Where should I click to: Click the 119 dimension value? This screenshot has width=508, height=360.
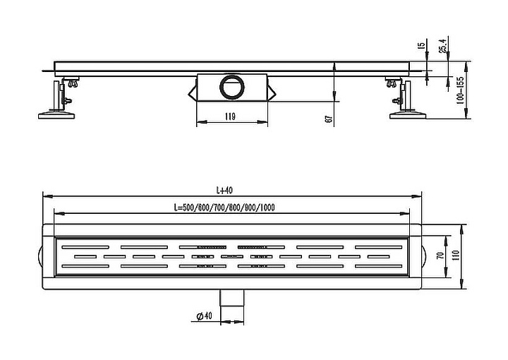pyautogui.click(x=230, y=116)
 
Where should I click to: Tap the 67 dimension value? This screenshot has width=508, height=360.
pyautogui.click(x=329, y=119)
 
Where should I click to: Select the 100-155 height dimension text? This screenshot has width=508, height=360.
pyautogui.click(x=460, y=90)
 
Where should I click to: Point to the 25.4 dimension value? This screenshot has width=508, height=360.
pyautogui.click(x=442, y=45)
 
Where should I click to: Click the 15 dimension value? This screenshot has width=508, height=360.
pyautogui.click(x=422, y=45)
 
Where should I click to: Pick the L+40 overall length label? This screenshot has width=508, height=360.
pyautogui.click(x=224, y=190)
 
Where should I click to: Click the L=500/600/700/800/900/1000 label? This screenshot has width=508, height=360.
pyautogui.click(x=224, y=208)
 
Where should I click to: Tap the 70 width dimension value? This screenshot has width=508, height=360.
pyautogui.click(x=440, y=256)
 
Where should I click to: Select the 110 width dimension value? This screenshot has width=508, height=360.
pyautogui.click(x=456, y=256)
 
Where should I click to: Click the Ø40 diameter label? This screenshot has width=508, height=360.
pyautogui.click(x=204, y=316)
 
